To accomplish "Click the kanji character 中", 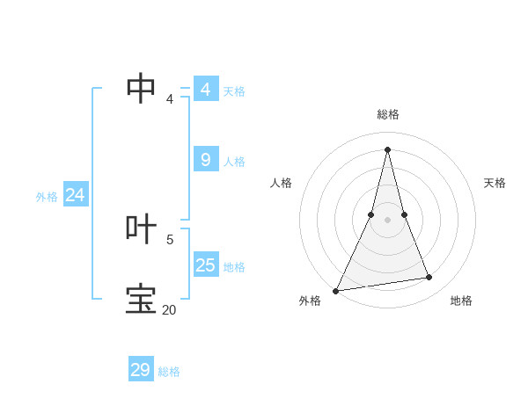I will (x=142, y=88).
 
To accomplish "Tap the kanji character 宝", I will (x=142, y=299).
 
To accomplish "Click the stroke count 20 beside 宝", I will (x=169, y=309).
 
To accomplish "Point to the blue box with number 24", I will (x=76, y=195).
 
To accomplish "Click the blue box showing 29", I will (x=141, y=370).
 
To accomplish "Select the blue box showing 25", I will (x=206, y=264).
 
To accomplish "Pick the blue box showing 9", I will (x=206, y=159).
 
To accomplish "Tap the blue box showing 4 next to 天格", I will (x=206, y=89).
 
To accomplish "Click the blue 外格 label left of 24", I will (x=47, y=197).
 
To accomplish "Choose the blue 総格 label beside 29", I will (x=169, y=372).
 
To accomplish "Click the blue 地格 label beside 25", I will (x=234, y=267).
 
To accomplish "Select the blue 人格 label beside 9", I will (x=234, y=162).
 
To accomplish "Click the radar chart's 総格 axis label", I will (x=388, y=114).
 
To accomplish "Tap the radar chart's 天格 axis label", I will (x=495, y=183).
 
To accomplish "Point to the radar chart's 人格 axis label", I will (x=282, y=183).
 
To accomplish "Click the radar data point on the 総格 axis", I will (x=388, y=149).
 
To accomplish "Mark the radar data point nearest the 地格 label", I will (x=429, y=278).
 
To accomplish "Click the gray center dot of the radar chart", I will (x=388, y=220).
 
